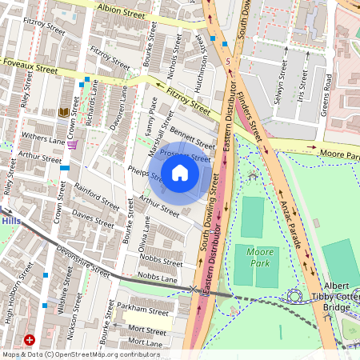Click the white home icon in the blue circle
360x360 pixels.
(x=180, y=173)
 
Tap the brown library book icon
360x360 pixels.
(x=64, y=113)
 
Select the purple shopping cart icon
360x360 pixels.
(x=73, y=145)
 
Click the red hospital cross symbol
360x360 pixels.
(x=30, y=340)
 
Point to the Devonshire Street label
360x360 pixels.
(x=84, y=261)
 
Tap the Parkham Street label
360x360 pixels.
(x=140, y=309)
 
